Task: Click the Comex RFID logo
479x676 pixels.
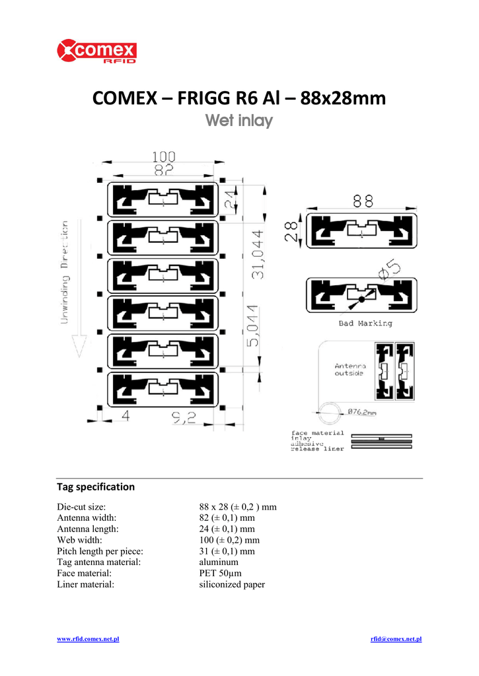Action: (97, 52)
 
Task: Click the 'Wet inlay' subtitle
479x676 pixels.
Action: (239, 121)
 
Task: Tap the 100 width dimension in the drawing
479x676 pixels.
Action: (164, 157)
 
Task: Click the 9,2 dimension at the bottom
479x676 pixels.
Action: (183, 417)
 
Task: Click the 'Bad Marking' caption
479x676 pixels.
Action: (365, 323)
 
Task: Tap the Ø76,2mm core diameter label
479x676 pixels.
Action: (362, 413)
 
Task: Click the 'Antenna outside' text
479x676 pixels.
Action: (350, 370)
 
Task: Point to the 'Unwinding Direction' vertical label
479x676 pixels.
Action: (66, 272)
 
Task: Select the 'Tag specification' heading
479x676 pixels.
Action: (96, 487)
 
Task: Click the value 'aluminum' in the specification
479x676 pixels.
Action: (219, 562)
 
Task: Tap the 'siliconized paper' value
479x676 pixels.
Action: (232, 585)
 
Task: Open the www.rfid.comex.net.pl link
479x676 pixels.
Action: (88, 639)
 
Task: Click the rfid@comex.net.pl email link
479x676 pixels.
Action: (396, 639)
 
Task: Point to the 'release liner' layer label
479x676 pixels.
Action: (317, 449)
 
